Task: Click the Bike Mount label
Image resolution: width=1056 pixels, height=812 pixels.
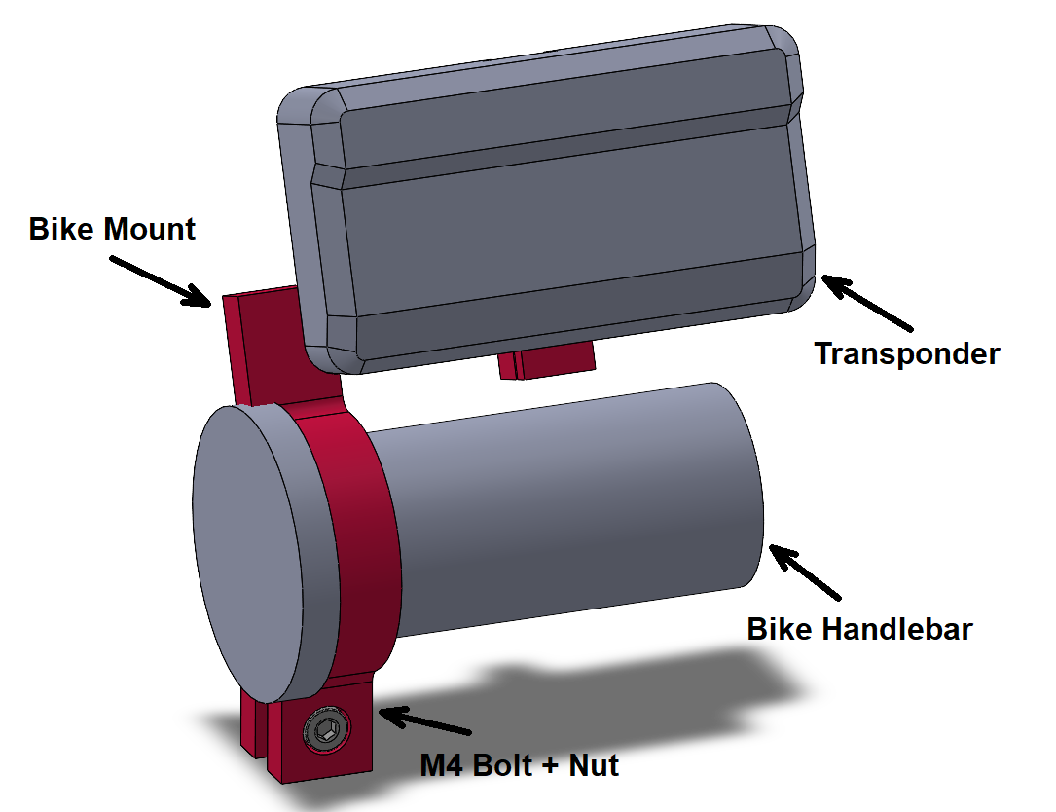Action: tap(112, 230)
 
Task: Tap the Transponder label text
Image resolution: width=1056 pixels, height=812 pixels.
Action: tap(906, 353)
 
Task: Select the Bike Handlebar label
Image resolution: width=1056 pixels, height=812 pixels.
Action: tap(859, 629)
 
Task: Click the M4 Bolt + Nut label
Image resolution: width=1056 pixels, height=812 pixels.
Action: tap(519, 765)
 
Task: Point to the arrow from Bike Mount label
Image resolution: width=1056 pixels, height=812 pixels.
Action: tap(161, 280)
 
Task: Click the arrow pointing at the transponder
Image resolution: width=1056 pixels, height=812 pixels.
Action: tap(866, 302)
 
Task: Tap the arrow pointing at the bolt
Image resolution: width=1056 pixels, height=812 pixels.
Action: tap(423, 721)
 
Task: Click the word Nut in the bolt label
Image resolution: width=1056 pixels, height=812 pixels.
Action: tap(593, 765)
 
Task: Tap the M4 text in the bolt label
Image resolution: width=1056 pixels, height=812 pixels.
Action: tap(441, 765)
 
